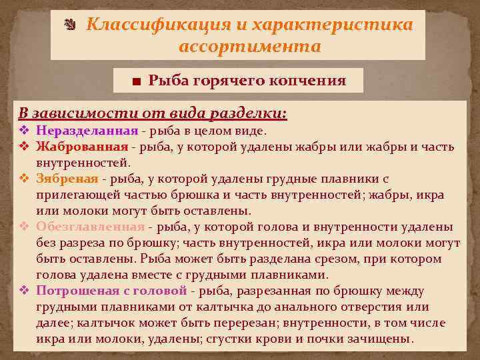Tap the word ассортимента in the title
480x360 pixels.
(250, 47)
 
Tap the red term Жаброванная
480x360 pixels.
(82, 146)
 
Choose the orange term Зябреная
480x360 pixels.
(67, 179)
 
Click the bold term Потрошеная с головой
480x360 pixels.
(111, 291)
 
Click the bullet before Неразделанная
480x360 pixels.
(23, 130)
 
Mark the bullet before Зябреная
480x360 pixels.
(23, 179)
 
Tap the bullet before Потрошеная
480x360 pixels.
(23, 291)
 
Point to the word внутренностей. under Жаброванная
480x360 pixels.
(83, 162)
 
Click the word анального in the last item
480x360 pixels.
(303, 307)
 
